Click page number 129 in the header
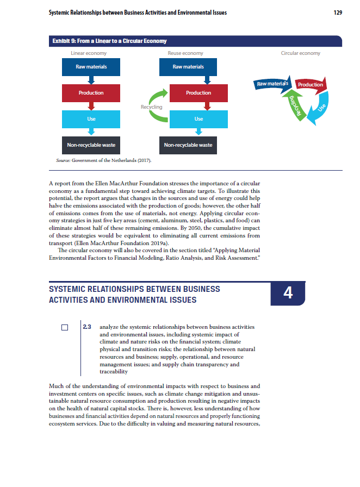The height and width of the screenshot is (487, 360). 337,13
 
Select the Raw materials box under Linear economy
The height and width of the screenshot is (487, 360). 91,67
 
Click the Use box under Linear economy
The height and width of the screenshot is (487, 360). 91,118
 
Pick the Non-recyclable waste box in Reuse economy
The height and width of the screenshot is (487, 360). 188,145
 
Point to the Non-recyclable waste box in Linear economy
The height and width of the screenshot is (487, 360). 91,145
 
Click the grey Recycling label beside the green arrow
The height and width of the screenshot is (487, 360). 151,107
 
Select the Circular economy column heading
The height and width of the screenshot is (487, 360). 300,53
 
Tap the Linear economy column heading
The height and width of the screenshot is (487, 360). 89,53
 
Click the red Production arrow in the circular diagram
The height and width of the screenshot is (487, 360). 310,85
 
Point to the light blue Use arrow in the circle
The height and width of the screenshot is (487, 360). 321,109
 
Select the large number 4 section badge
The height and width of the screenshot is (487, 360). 288,294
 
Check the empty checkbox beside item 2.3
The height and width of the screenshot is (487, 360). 65,328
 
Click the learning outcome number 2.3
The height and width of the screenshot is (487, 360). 86,327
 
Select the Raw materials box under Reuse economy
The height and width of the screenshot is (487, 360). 188,67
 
